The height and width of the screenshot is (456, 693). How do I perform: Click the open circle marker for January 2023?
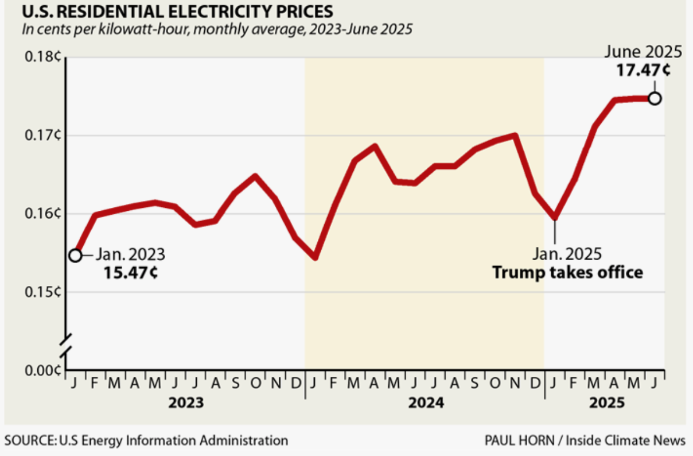75,255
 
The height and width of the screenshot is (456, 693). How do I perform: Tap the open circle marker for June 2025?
655,98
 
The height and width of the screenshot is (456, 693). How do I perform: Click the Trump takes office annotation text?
567,272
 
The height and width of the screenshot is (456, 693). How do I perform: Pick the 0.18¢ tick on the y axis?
42,57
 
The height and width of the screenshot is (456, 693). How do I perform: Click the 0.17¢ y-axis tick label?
42,136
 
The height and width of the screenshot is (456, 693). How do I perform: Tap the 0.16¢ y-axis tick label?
42,214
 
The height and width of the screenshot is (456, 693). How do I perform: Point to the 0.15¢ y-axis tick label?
42,292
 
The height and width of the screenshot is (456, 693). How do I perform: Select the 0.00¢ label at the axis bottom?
42,370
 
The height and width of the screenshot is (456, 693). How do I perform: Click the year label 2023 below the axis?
185,403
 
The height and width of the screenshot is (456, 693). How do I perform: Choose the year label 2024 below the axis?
426,403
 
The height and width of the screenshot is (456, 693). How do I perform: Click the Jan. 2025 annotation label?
567,253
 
